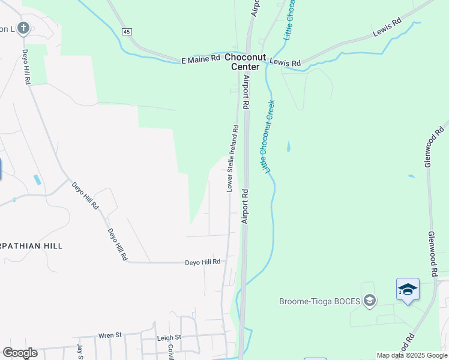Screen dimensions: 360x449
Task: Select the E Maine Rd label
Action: (201, 59)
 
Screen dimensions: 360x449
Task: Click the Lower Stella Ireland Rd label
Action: (232, 158)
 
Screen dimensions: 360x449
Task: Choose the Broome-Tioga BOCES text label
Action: (320, 301)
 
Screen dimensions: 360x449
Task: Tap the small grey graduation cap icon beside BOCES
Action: (370, 301)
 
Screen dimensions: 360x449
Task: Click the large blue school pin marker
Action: (408, 290)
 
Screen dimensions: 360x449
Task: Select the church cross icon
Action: (23, 28)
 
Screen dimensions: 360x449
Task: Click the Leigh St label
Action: (169, 338)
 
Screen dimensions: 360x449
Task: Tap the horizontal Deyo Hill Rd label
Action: (203, 262)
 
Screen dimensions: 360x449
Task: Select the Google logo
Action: (20, 353)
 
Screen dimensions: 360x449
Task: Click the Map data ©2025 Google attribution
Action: (412, 355)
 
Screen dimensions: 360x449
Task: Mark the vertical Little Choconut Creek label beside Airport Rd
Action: (268, 136)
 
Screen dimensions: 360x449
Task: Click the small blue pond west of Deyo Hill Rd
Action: (38, 179)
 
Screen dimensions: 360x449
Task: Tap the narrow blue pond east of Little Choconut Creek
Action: (288, 146)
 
